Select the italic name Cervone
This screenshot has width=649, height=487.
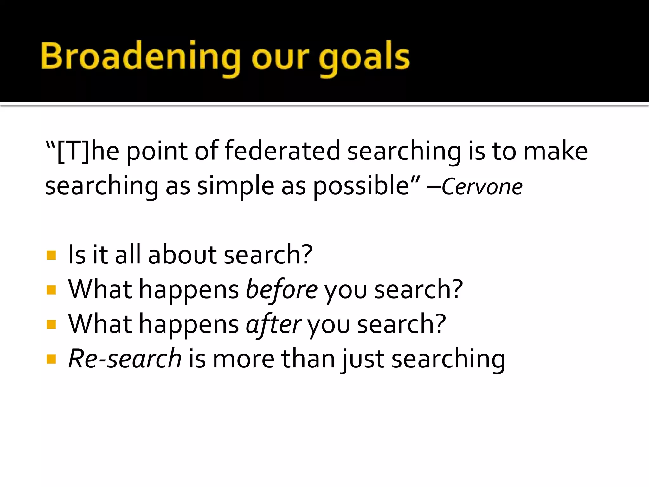click(482, 187)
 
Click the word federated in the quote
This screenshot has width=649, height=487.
click(282, 151)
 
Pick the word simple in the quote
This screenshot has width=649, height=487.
click(235, 186)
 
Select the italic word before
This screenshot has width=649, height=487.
click(282, 289)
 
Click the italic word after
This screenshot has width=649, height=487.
click(273, 324)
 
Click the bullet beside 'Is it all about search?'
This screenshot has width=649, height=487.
click(51, 255)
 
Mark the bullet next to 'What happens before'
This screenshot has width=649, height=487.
click(51, 290)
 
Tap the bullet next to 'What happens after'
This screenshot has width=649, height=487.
click(51, 324)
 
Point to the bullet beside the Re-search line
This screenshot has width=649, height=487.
click(51, 359)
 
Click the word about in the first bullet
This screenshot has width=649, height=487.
click(182, 255)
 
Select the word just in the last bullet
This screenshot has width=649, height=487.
click(363, 359)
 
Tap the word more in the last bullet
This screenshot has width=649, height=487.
click(243, 359)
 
